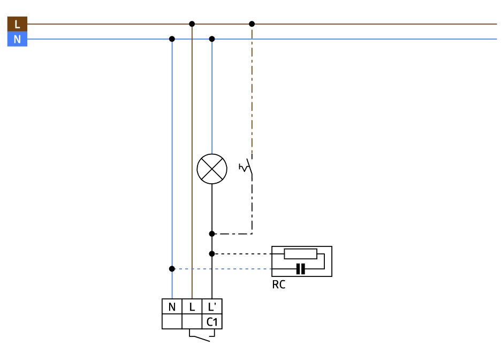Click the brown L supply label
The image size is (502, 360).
[x=17, y=24]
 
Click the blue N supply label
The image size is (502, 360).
[x=17, y=39]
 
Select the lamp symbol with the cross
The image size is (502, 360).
[x=212, y=169]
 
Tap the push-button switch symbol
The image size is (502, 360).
[x=248, y=168]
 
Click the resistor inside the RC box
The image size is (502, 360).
[x=300, y=254]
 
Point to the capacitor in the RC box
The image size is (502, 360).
[x=300, y=269]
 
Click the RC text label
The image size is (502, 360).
[x=279, y=284]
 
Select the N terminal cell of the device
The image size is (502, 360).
[x=172, y=307]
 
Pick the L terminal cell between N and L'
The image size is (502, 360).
[x=192, y=307]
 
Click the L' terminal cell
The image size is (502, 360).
[x=212, y=307]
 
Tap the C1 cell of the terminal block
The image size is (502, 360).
[x=212, y=321]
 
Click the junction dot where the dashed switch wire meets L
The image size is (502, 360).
[x=252, y=24]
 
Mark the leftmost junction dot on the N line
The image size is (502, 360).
[x=172, y=39]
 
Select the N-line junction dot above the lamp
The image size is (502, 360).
[x=212, y=39]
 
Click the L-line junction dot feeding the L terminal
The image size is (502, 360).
[x=192, y=24]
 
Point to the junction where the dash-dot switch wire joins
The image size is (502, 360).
[x=212, y=234]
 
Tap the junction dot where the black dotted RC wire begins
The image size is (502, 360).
[x=212, y=253]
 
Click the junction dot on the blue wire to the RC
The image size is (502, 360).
[x=172, y=268]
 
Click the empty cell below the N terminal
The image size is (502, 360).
[x=172, y=321]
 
